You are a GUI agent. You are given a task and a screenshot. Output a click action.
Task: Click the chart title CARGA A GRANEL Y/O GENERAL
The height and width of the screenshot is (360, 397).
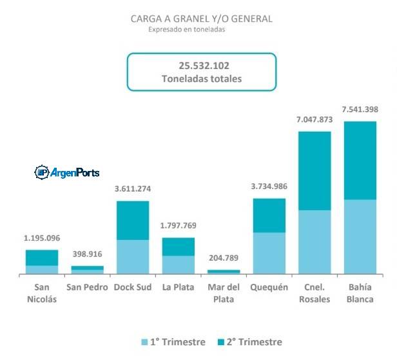click(201, 19)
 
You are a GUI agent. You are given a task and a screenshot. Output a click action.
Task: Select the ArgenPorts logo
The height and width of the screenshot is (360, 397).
click(67, 172)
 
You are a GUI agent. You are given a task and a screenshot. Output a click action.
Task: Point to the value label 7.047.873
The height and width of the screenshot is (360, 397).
click(315, 119)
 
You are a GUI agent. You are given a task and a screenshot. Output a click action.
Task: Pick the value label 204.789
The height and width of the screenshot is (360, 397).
click(224, 259)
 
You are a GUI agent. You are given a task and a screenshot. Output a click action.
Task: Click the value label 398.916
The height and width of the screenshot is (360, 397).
click(87, 254)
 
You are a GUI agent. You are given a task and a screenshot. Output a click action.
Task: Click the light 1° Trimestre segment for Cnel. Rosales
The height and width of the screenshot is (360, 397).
click(315, 242)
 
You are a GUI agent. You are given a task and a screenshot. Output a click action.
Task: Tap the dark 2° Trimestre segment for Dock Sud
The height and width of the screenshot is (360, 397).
click(133, 220)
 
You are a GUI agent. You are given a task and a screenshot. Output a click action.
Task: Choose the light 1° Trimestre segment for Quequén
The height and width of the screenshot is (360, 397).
click(269, 253)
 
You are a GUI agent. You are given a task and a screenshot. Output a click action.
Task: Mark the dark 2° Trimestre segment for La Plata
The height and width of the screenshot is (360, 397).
click(178, 246)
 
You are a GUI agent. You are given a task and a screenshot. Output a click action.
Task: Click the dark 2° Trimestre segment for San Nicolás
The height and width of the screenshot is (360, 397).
click(42, 257)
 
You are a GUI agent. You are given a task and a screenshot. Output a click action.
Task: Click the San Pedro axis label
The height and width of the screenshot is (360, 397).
click(87, 287)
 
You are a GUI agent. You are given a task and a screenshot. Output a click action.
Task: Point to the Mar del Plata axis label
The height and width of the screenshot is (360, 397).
click(224, 293)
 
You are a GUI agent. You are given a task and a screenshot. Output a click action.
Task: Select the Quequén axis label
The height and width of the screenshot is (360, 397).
click(269, 287)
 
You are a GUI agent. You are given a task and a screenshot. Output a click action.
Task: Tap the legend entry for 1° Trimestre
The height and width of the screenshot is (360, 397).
click(173, 342)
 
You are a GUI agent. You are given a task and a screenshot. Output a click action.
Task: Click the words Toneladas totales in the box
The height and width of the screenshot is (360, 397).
click(202, 79)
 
